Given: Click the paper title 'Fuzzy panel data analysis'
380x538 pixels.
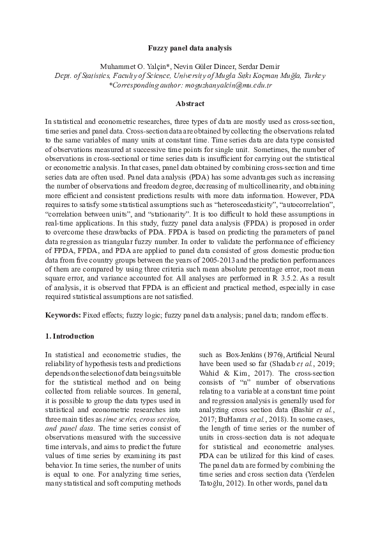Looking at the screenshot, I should coord(190,48).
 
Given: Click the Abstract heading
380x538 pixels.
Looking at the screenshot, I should coord(190,104).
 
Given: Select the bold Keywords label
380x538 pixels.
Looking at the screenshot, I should coord(63,316).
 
